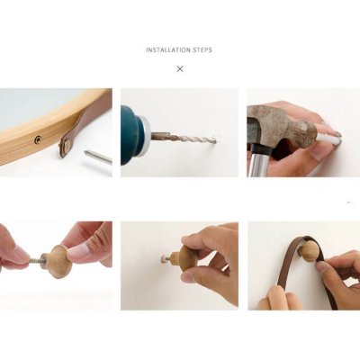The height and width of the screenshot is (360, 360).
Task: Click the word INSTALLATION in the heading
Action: [x=168, y=49]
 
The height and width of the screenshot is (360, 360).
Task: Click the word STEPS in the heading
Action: [x=203, y=49]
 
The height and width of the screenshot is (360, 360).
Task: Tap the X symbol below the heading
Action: [x=180, y=69]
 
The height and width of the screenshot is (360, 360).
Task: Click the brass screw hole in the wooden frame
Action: [x=38, y=139]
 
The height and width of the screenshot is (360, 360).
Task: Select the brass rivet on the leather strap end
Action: [x=67, y=147]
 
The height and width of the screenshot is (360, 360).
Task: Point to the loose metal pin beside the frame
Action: [x=97, y=157]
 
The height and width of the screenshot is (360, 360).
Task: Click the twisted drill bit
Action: [x=184, y=138]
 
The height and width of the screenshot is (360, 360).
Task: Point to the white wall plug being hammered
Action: [x=328, y=137]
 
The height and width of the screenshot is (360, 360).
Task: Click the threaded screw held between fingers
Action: [x=35, y=259]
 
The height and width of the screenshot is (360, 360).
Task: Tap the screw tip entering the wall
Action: [x=164, y=257]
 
